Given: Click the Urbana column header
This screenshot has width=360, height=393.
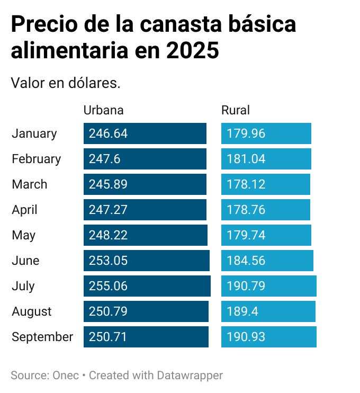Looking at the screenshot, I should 103,110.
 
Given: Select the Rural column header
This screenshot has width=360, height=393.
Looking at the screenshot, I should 235,110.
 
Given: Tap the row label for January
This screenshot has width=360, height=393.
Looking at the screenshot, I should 34,133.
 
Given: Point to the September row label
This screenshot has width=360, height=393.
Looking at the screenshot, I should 42,337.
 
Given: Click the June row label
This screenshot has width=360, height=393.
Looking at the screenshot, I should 25,261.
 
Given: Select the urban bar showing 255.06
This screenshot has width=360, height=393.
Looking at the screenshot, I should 147,286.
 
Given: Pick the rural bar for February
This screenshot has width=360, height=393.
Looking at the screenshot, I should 266,159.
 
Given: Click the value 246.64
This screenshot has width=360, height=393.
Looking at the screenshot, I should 108,133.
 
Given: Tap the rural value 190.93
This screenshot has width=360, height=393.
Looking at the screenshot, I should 246,337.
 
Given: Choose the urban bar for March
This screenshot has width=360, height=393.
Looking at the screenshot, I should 145,184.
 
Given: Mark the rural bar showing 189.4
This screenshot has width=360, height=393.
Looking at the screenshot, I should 268,311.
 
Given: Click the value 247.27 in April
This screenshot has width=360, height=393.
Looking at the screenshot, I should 108,210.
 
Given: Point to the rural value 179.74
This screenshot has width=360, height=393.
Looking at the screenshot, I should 246,235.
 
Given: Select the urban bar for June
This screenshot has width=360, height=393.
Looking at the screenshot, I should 146,261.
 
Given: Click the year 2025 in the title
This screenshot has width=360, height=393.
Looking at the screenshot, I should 192,51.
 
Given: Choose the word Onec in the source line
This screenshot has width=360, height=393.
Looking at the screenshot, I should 66,376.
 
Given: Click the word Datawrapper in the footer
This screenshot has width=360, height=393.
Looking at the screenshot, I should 190,376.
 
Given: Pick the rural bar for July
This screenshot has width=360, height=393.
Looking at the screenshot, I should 268,286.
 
